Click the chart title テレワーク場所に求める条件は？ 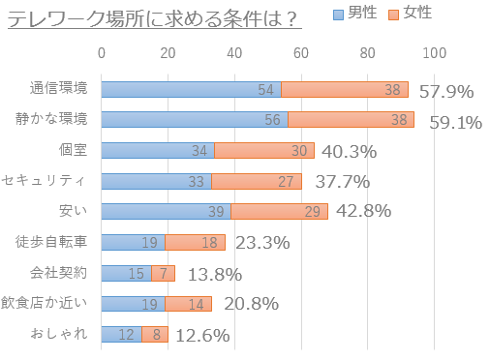pos(151,16)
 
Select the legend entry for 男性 pos(356,14)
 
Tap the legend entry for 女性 pos(412,14)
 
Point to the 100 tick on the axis pos(434,52)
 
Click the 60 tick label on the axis pos(301,52)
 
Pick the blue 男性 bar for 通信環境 pos(191,89)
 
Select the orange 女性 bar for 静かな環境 pos(351,120)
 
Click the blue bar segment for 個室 pos(158,151)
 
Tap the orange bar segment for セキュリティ pos(257,181)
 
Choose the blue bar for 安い pos(166,212)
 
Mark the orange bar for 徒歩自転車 pos(195,242)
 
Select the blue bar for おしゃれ pos(121,334)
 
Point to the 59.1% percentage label pos(455,123)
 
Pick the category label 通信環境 pos(59,89)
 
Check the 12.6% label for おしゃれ pos(201,336)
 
